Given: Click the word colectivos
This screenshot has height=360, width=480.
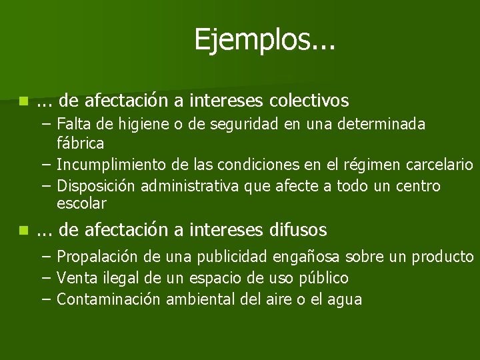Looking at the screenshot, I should point(309,101).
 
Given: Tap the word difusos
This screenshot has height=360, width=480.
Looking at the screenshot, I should point(299,230).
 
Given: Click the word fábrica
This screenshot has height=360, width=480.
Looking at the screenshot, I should point(81,143).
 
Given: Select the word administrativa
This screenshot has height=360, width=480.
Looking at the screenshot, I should point(191,185).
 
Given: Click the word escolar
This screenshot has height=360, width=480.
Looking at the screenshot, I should point(82,203).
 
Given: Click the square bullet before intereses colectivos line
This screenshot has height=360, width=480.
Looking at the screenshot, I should point(24,101).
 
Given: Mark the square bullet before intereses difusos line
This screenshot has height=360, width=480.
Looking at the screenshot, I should point(24,231).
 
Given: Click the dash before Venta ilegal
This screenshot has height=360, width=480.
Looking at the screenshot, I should point(45,278).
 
